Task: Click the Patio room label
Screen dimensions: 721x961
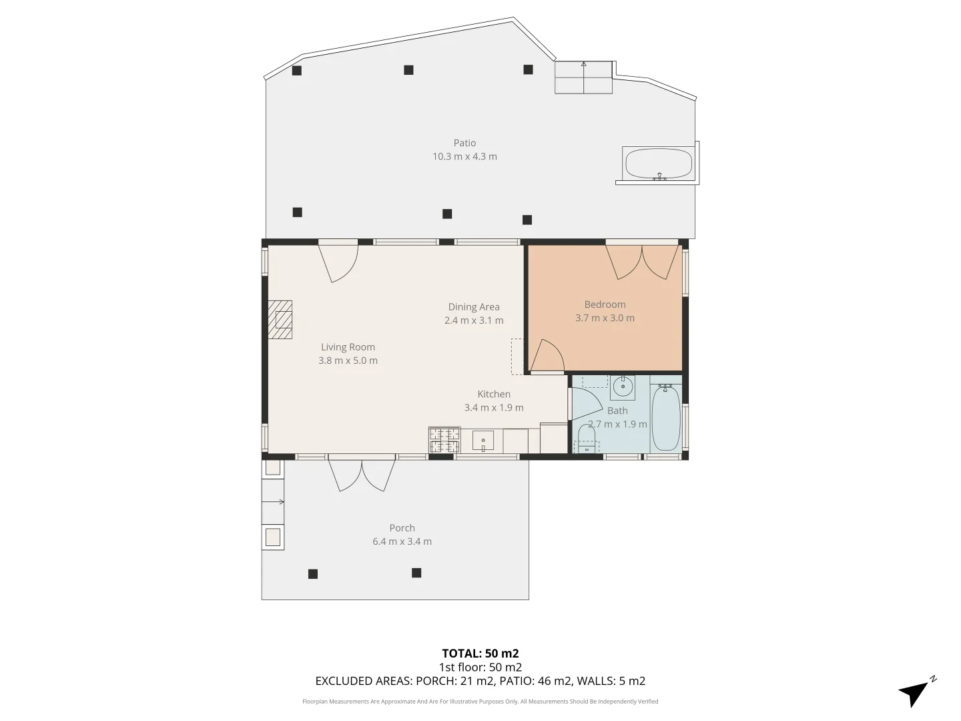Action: (464, 143)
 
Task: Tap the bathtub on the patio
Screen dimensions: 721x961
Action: (658, 164)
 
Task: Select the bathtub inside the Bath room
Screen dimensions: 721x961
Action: (665, 418)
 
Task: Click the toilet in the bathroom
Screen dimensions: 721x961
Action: (587, 439)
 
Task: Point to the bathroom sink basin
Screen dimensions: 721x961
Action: (623, 387)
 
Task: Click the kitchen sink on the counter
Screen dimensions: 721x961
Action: (483, 441)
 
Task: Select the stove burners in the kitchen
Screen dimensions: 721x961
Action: (444, 441)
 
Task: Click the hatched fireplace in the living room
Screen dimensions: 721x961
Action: (281, 320)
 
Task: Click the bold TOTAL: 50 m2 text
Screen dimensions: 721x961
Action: (480, 654)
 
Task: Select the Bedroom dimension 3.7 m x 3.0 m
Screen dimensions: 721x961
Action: (605, 318)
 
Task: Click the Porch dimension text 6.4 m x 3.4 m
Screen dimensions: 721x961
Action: (402, 541)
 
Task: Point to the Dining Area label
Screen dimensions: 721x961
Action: (474, 307)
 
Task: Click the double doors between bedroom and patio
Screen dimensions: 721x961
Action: (643, 262)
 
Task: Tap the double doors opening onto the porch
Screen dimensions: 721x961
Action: (362, 475)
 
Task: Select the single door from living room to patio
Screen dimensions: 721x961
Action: (339, 262)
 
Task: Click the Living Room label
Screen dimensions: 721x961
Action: (348, 347)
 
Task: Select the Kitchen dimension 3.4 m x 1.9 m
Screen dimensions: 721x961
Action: (494, 408)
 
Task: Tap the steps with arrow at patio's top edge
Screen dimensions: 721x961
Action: (584, 77)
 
